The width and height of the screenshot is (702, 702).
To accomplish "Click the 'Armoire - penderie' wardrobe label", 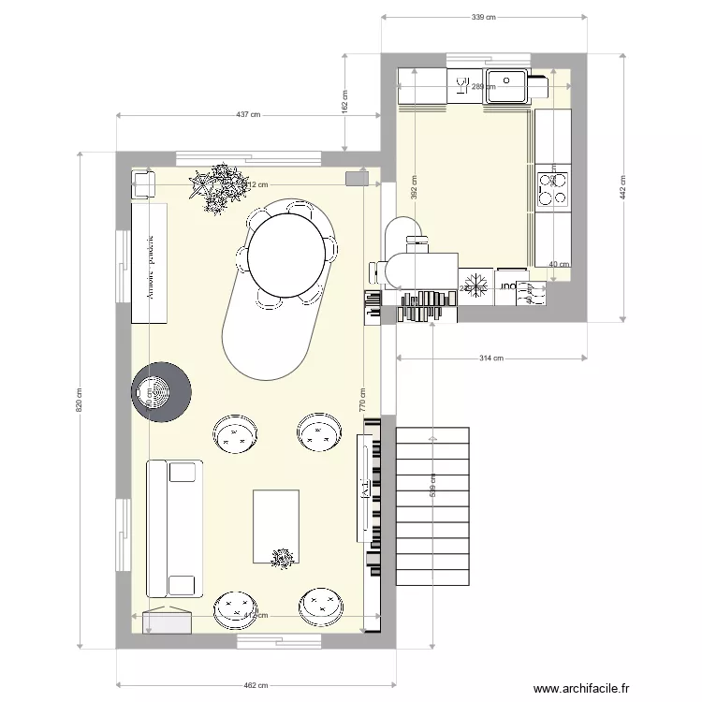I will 149,265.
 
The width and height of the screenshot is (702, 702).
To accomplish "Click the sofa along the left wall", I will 175,528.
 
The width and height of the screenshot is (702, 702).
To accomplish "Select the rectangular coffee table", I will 276,527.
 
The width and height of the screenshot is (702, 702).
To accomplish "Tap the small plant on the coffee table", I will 282,558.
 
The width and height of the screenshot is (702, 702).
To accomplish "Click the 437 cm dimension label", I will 247,115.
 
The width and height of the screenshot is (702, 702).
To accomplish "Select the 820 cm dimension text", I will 79,400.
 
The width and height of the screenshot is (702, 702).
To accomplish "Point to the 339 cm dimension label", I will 483,17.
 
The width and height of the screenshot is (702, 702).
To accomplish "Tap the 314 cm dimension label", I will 491,358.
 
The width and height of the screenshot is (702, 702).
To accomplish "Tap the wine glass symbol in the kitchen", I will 461,87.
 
